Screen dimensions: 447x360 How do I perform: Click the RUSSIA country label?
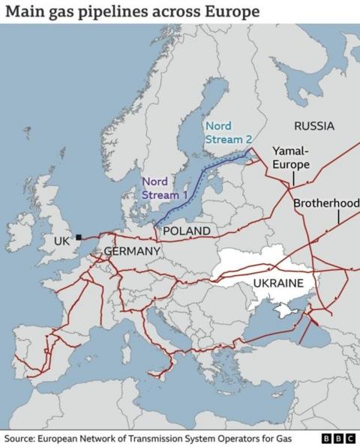(x=313, y=125)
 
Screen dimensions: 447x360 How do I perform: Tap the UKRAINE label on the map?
(x=278, y=283)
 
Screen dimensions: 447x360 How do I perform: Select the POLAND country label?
(x=186, y=231)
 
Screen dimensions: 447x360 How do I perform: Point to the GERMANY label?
(x=131, y=250)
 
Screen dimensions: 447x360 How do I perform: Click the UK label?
(x=61, y=241)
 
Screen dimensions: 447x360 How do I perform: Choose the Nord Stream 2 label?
(x=228, y=132)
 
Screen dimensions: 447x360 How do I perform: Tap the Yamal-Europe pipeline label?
(x=290, y=157)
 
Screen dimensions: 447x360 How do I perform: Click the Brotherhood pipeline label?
(x=326, y=203)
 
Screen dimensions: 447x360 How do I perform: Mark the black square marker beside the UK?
(x=78, y=237)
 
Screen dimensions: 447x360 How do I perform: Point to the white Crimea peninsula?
(x=283, y=310)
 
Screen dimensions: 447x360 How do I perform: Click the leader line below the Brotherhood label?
(x=338, y=217)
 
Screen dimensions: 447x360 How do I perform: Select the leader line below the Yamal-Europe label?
(x=293, y=178)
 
